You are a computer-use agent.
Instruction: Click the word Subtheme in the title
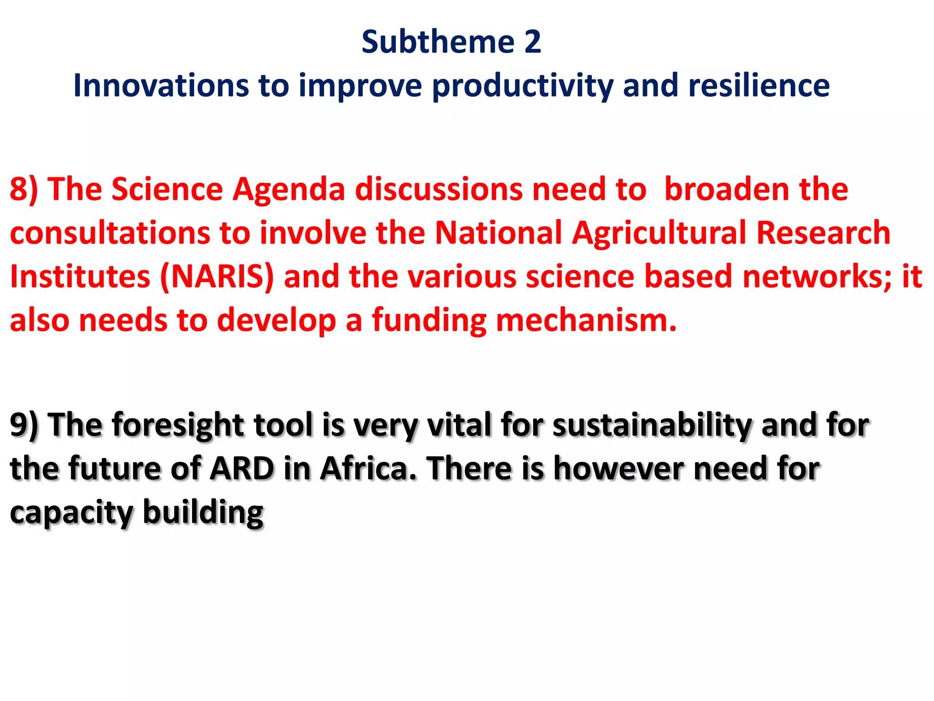click(438, 42)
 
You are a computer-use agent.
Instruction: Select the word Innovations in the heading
click(161, 86)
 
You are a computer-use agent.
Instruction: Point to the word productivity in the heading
click(522, 86)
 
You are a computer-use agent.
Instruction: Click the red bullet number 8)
click(24, 189)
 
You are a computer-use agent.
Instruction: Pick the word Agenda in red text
click(288, 189)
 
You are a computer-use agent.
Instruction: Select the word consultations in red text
click(109, 233)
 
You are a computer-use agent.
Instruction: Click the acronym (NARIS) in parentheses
click(217, 277)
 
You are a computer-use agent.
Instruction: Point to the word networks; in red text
click(817, 277)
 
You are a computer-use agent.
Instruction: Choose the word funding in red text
click(429, 321)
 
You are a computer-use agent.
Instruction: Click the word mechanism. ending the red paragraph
click(586, 321)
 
